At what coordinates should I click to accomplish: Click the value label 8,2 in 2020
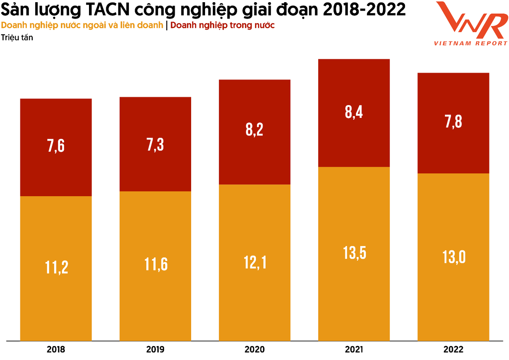(254, 130)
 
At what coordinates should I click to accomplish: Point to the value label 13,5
(354, 253)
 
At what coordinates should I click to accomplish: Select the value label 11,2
(56, 267)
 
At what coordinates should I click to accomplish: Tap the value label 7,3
(155, 145)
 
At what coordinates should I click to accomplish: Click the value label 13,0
(454, 257)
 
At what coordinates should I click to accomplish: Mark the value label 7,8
(453, 122)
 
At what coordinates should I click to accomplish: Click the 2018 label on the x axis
(56, 349)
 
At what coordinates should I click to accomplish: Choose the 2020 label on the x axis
(254, 349)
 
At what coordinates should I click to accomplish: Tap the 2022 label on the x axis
(453, 349)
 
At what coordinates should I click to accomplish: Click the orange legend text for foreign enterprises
(82, 25)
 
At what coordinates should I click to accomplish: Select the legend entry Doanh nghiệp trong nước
(222, 25)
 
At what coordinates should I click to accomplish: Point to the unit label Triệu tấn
(17, 38)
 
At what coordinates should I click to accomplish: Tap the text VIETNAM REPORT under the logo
(471, 43)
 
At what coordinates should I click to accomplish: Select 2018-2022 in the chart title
(364, 10)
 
